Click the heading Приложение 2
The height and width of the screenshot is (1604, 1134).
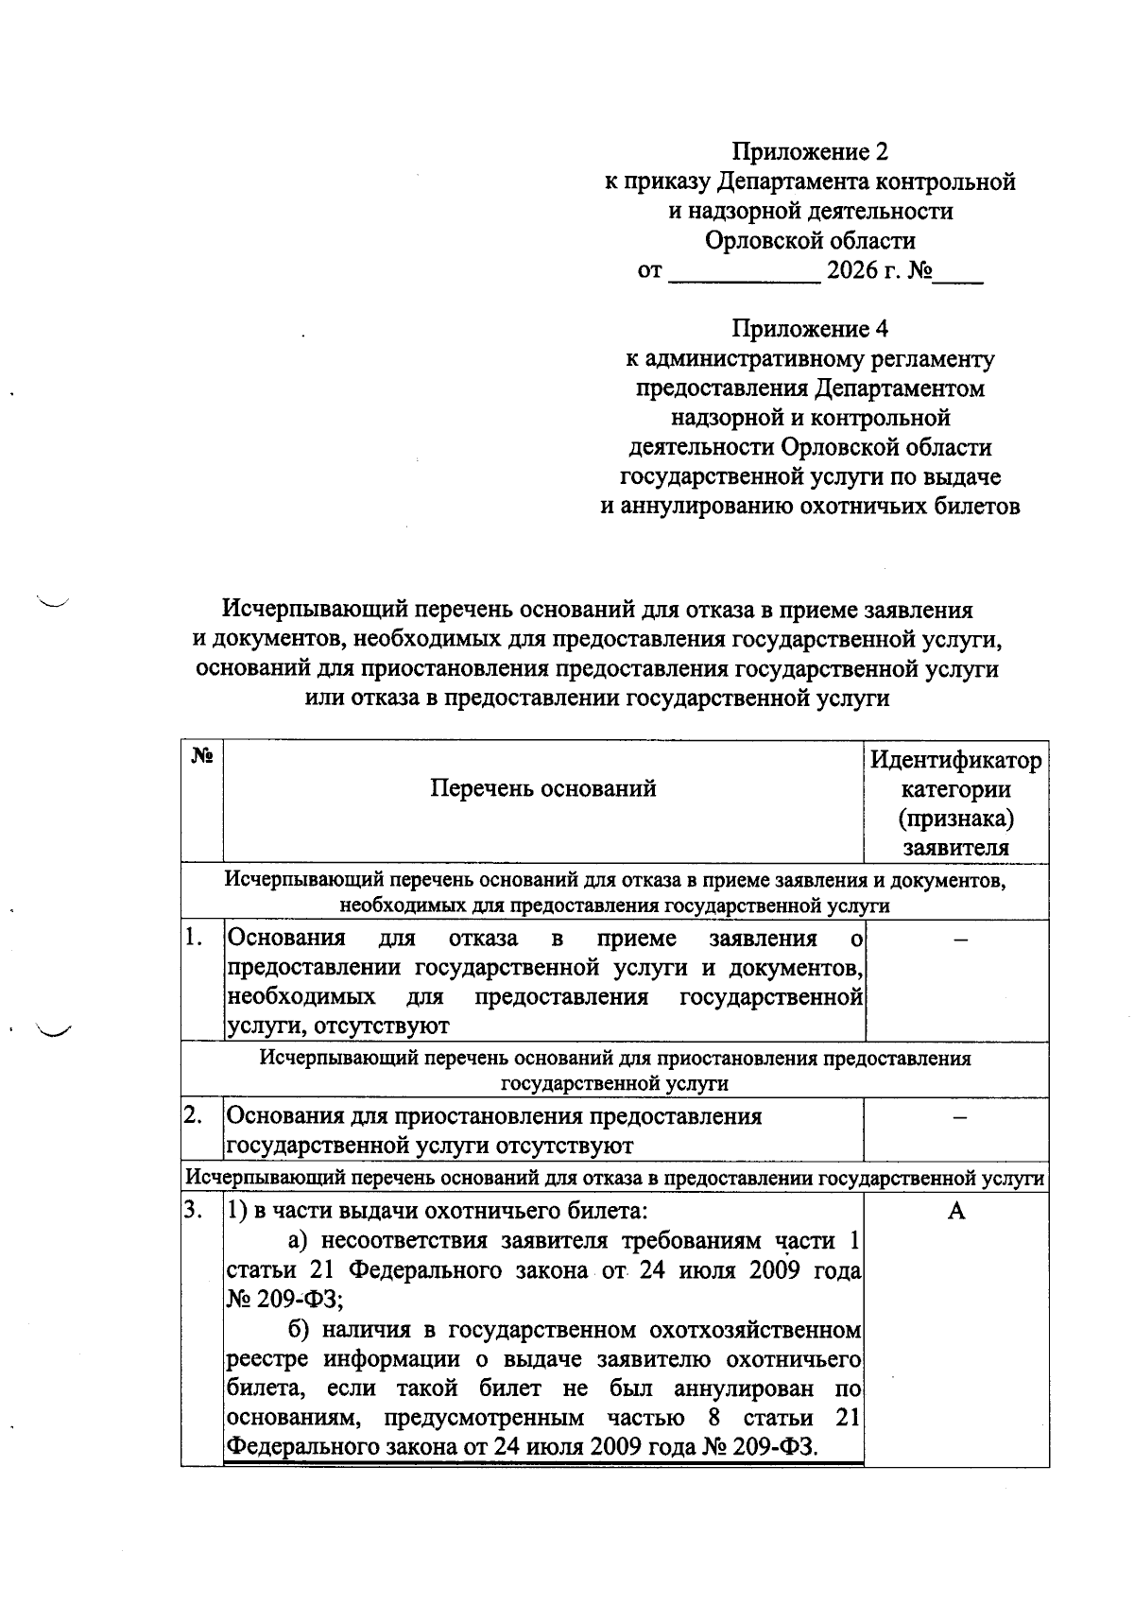(811, 151)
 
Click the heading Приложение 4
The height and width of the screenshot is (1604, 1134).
(811, 329)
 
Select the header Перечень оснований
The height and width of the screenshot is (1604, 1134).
(543, 788)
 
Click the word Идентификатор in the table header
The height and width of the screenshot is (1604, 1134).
(955, 760)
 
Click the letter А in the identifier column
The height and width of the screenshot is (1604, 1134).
(956, 1212)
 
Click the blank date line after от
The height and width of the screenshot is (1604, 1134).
(745, 274)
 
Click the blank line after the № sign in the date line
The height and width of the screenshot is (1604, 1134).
(958, 274)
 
